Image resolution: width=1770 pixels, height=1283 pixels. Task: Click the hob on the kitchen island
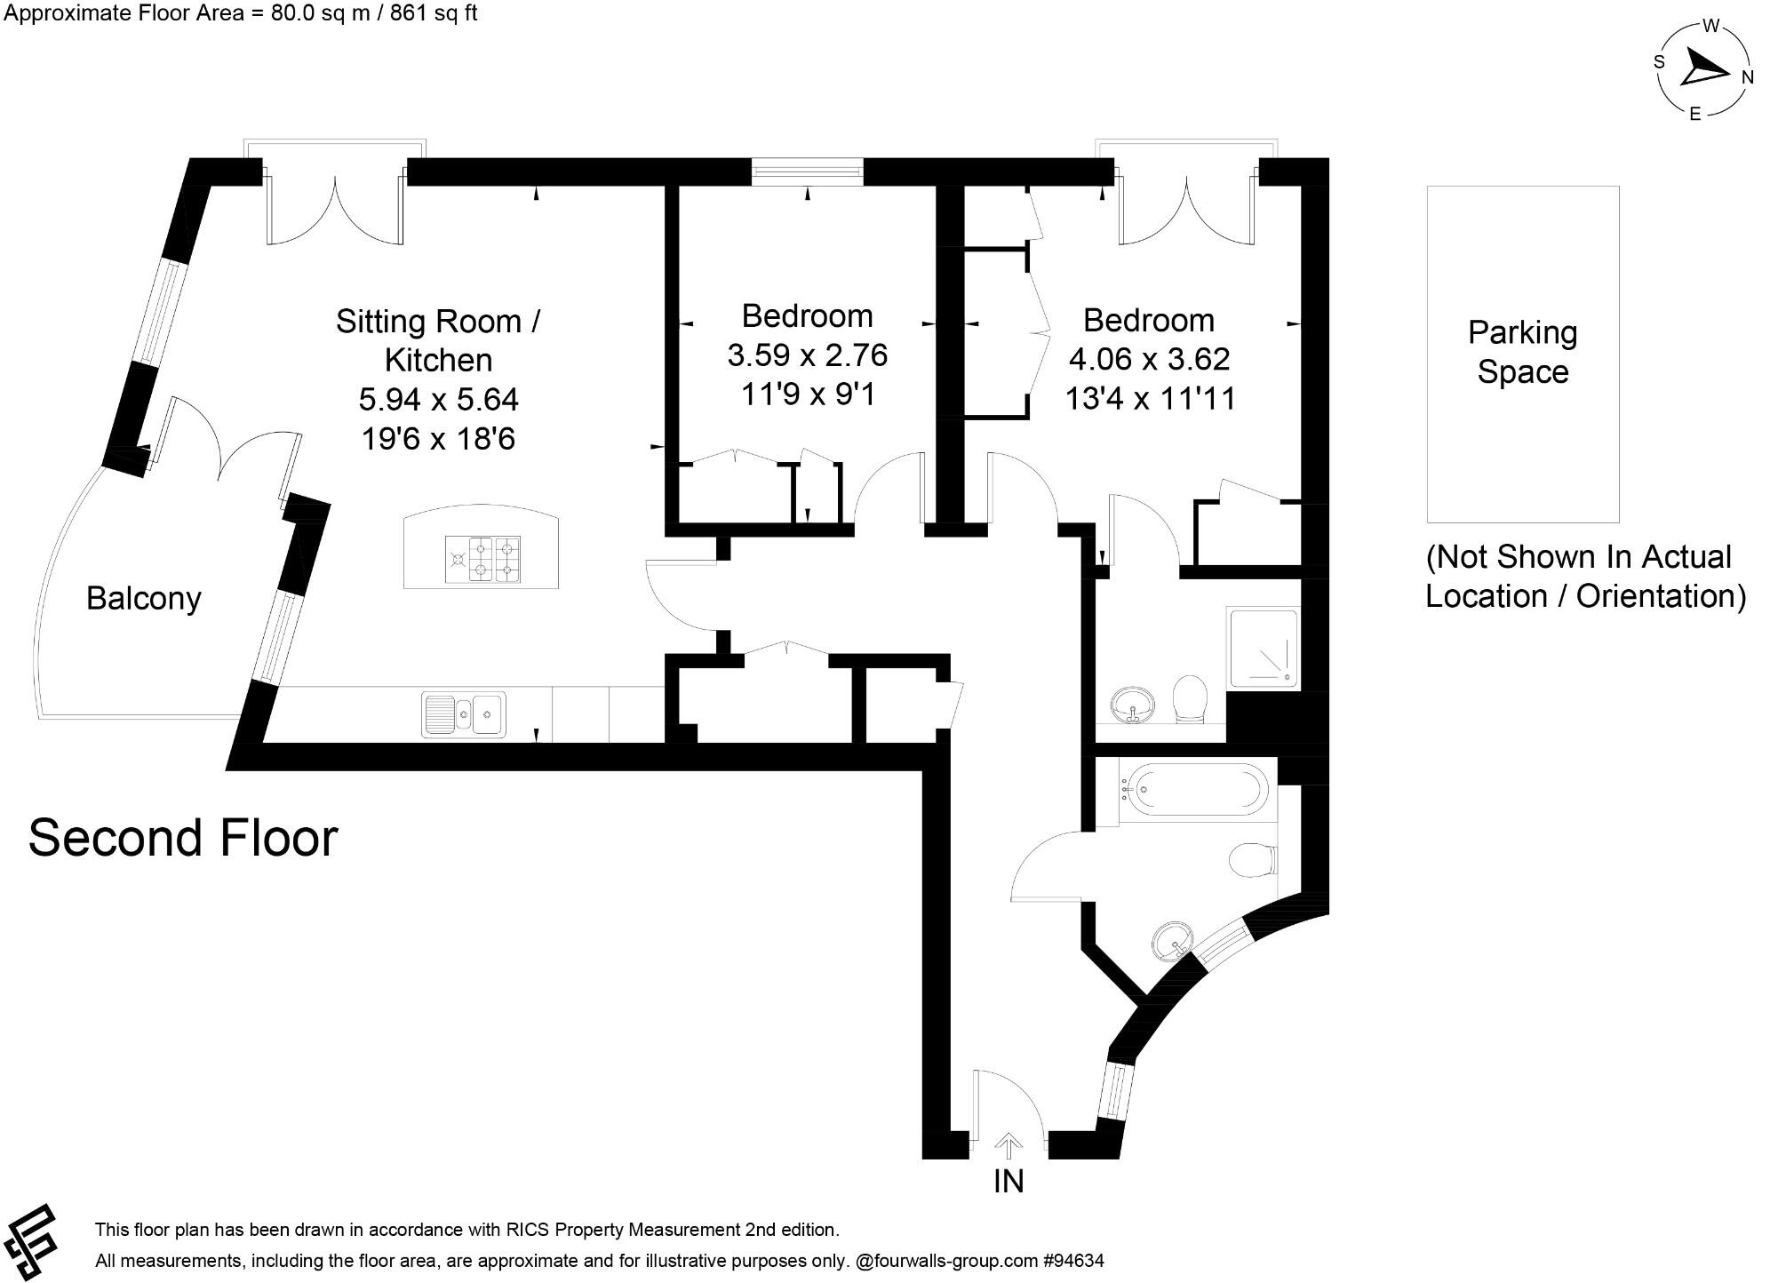(482, 560)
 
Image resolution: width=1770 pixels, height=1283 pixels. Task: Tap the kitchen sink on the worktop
(463, 714)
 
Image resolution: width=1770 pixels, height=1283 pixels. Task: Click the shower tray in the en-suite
(1263, 648)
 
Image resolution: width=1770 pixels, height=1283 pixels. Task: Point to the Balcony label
(143, 598)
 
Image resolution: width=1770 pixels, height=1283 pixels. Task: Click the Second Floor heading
(183, 838)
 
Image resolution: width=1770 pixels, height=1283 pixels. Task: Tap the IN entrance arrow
(1008, 1147)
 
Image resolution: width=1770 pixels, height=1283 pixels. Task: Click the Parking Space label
(1522, 352)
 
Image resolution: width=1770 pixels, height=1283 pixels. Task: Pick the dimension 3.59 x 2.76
(807, 355)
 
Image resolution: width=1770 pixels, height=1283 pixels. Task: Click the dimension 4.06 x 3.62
(1149, 359)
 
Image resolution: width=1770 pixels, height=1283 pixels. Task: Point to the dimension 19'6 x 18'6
(438, 439)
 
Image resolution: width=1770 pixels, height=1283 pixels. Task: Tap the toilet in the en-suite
(1190, 699)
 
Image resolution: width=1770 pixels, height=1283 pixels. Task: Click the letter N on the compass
(1747, 77)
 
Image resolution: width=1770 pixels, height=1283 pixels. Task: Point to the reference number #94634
(1073, 1261)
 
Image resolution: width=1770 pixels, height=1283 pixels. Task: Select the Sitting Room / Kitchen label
(438, 340)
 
